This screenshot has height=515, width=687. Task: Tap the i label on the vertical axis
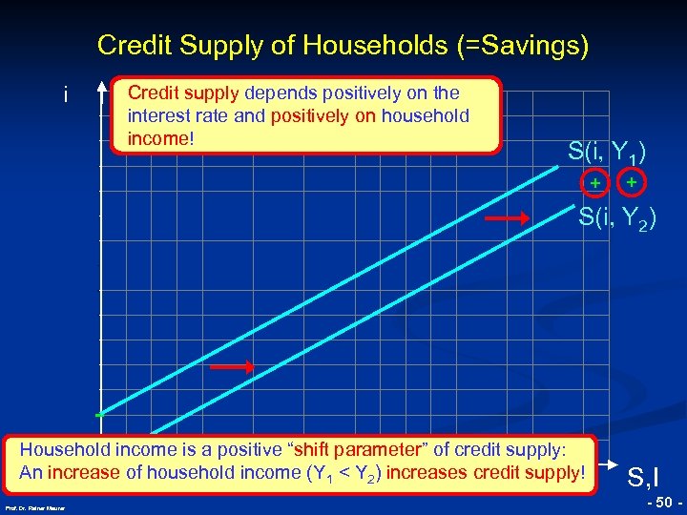click(x=64, y=95)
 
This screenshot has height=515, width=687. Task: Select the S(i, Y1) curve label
click(x=607, y=152)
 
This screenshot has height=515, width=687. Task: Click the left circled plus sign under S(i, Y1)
click(x=594, y=182)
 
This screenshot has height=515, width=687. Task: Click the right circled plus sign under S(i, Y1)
click(x=631, y=180)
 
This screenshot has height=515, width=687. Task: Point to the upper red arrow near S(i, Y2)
click(x=506, y=219)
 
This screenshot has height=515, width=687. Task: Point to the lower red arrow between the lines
click(x=233, y=366)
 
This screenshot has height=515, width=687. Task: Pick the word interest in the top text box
click(x=156, y=115)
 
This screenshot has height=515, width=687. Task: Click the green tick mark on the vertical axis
click(x=98, y=416)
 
